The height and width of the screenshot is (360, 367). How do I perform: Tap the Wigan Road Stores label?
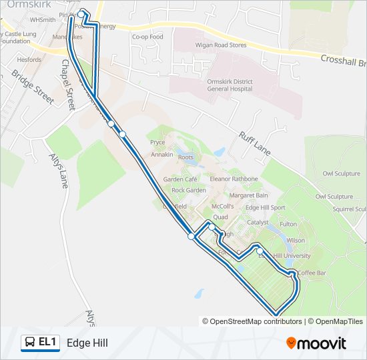219,45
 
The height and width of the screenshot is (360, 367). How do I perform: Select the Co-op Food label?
147,37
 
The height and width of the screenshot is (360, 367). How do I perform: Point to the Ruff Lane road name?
254,143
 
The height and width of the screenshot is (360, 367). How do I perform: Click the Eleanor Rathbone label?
234,179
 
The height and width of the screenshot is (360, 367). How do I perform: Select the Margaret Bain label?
248,195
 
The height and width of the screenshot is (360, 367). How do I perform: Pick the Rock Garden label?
189,190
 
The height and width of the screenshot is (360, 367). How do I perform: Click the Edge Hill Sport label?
265,208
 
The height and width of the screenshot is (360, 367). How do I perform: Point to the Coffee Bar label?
312,273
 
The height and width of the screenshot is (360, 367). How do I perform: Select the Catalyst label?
258,223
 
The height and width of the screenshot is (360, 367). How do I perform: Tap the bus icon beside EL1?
31,343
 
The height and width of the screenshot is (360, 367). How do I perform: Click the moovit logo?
316,343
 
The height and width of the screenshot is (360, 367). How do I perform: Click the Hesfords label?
29,59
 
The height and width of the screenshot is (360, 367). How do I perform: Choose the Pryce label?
157,142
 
